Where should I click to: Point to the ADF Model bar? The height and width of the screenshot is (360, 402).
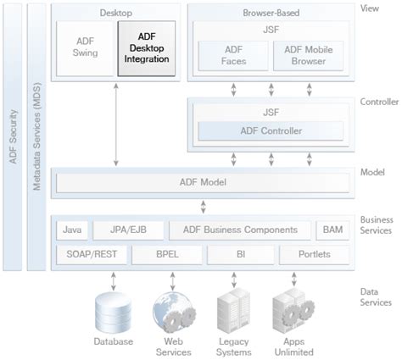click(x=201, y=181)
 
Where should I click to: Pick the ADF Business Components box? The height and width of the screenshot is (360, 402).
click(x=239, y=230)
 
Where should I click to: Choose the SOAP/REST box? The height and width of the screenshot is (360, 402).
click(x=85, y=253)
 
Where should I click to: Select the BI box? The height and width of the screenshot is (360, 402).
click(x=237, y=253)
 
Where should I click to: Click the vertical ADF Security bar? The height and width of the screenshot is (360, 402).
click(x=13, y=136)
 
